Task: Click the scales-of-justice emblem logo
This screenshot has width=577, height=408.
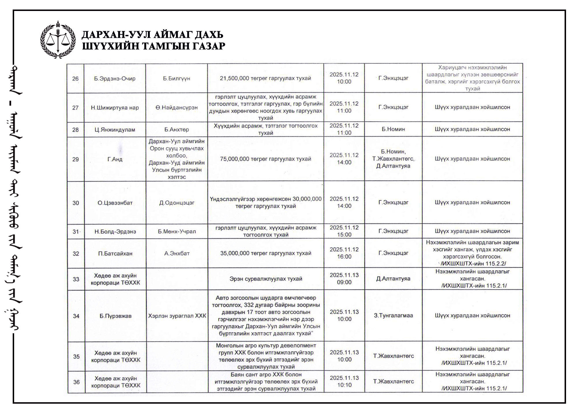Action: (x=58, y=40)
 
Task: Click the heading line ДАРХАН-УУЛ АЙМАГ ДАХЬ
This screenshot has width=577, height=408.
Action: (x=152, y=35)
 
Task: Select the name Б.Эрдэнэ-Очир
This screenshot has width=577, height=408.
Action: (x=115, y=78)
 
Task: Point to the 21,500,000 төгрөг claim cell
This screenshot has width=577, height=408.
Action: (x=265, y=78)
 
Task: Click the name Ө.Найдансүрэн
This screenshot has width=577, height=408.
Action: (x=177, y=108)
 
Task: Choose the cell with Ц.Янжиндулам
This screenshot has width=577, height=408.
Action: (x=115, y=130)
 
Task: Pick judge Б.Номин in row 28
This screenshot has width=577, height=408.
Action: (x=393, y=129)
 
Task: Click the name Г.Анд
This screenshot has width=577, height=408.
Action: (x=115, y=159)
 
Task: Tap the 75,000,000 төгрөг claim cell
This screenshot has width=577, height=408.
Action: (x=265, y=159)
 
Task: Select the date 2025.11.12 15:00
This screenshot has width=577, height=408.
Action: (x=344, y=231)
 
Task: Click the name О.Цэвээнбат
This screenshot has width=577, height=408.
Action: (x=115, y=203)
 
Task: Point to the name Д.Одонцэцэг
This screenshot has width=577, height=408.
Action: (x=177, y=203)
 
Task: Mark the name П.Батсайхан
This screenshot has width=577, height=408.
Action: (x=115, y=254)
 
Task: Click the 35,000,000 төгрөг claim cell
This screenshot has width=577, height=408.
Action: (x=266, y=253)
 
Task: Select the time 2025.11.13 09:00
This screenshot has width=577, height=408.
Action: (x=344, y=279)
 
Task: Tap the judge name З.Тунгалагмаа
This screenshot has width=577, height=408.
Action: (x=394, y=316)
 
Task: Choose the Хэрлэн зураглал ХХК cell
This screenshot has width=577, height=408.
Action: (x=177, y=316)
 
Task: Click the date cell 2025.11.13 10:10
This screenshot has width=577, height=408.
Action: (x=344, y=381)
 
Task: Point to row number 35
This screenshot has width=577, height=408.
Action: (x=76, y=357)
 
